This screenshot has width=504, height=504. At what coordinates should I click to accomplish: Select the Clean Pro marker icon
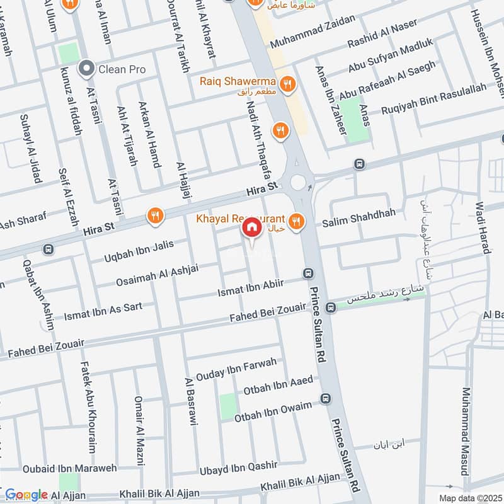pyautogui.click(x=86, y=67)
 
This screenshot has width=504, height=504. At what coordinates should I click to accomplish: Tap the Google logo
pyautogui.click(x=26, y=495)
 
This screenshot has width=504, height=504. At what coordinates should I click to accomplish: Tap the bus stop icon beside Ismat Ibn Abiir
pyautogui.click(x=308, y=273)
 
